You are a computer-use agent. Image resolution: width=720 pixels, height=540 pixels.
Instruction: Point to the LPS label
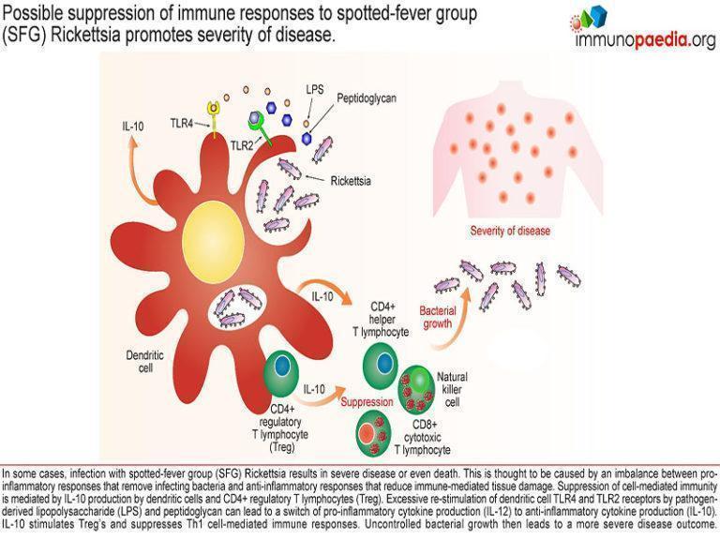point(315,90)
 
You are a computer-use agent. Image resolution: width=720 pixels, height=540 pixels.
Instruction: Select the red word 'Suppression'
point(366,401)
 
